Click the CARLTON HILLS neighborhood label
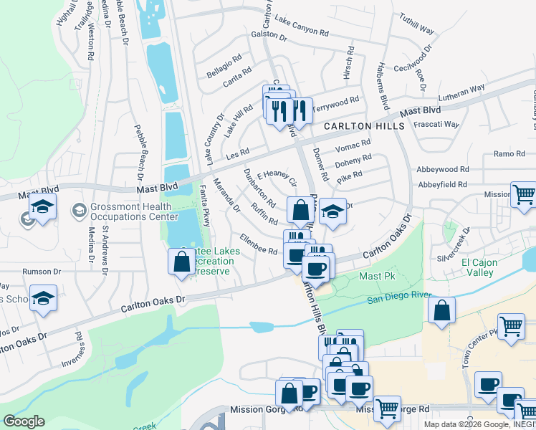(364, 125)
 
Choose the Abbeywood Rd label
(443, 170)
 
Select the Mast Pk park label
(373, 275)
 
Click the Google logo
(24, 421)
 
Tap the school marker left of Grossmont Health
(42, 209)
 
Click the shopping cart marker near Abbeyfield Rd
(523, 194)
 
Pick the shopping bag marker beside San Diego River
(441, 311)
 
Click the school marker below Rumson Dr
(44, 300)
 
